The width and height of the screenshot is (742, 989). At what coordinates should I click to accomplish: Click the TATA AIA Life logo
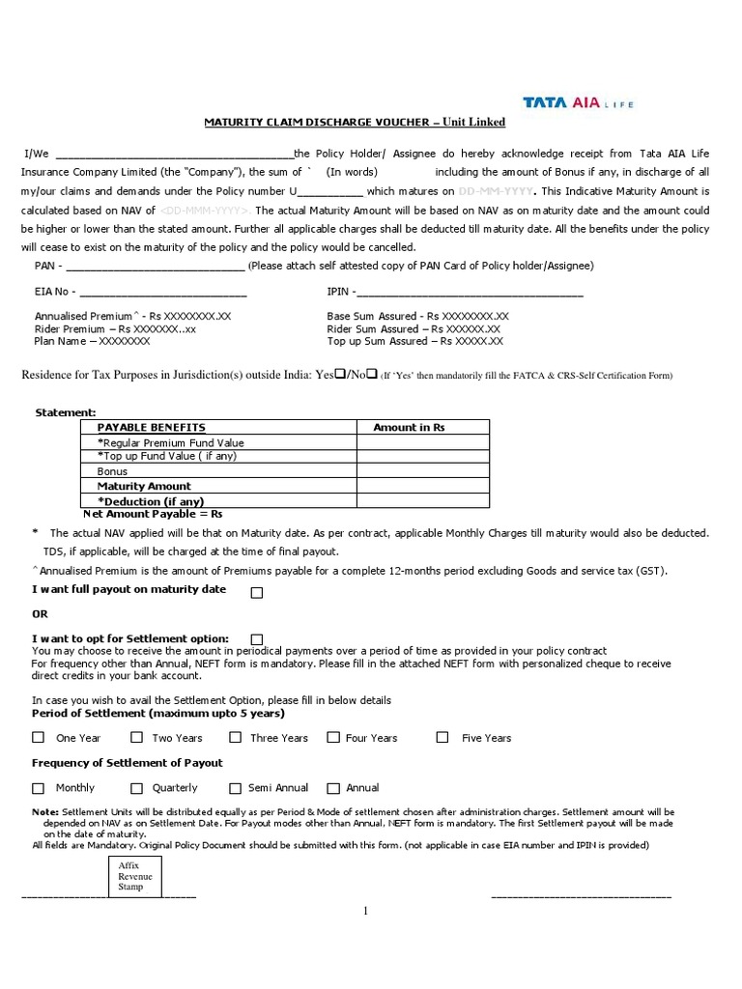[x=578, y=102]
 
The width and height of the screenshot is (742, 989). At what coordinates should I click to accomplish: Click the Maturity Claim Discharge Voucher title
[x=354, y=123]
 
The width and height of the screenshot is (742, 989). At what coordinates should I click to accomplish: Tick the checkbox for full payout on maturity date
[x=257, y=593]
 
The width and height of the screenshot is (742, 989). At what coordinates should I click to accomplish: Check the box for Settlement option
[x=256, y=639]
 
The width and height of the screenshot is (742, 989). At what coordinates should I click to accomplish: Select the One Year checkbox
[x=39, y=737]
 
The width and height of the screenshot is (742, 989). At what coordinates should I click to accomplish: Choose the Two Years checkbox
[x=136, y=737]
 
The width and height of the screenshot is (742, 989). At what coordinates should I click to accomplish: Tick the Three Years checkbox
[x=234, y=737]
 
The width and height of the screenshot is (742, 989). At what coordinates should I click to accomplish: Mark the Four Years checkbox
[x=333, y=737]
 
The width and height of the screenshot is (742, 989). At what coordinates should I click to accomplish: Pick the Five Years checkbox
[x=442, y=737]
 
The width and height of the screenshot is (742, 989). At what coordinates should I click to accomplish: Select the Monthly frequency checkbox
[x=39, y=788]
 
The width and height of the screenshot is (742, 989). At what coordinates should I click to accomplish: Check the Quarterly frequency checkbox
[x=136, y=788]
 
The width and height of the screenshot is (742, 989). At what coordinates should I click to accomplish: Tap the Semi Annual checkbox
[x=234, y=788]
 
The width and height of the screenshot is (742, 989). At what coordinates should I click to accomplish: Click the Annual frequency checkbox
[x=333, y=788]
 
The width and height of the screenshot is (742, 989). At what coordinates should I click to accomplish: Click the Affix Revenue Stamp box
[x=129, y=877]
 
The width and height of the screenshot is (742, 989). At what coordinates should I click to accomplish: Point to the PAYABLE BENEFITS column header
[x=152, y=427]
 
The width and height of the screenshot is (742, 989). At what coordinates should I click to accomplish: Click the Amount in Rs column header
[x=409, y=427]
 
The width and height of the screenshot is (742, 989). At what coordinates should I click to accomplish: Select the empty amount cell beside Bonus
[x=422, y=471]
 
